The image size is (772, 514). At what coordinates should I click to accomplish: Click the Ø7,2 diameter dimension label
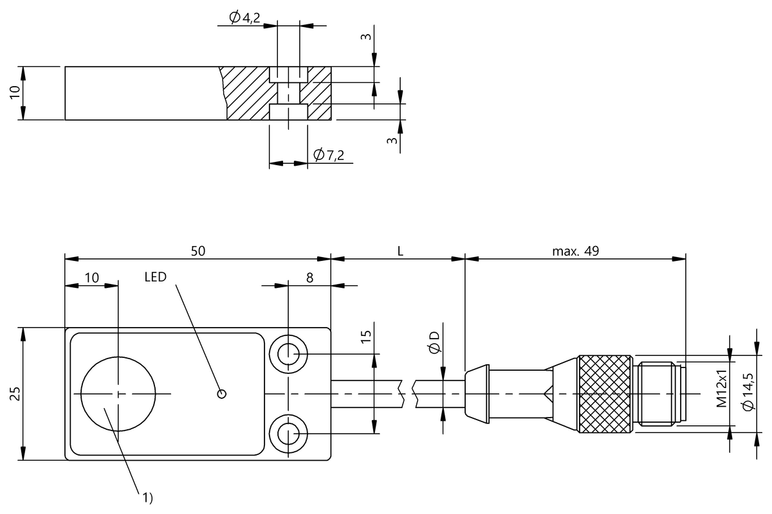tap(329, 155)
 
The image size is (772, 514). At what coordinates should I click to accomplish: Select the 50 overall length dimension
tap(198, 251)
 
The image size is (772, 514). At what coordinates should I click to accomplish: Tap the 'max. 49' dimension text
tap(575, 251)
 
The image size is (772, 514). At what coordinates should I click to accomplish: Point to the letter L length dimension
tap(400, 251)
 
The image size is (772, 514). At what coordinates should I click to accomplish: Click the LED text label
tap(155, 277)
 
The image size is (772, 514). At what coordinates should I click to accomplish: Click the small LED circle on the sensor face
tap(222, 394)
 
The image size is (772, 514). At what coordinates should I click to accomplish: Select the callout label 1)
tap(147, 496)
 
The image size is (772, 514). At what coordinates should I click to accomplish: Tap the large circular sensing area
tap(118, 394)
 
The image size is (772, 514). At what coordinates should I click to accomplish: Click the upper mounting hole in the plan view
tap(288, 354)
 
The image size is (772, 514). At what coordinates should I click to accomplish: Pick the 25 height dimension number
tap(15, 393)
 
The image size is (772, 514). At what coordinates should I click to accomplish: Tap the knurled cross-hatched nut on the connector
tap(605, 394)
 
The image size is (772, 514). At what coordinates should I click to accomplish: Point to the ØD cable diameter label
tap(434, 343)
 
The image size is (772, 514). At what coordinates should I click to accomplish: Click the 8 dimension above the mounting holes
tap(309, 277)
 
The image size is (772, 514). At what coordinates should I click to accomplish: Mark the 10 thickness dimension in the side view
tap(15, 93)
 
